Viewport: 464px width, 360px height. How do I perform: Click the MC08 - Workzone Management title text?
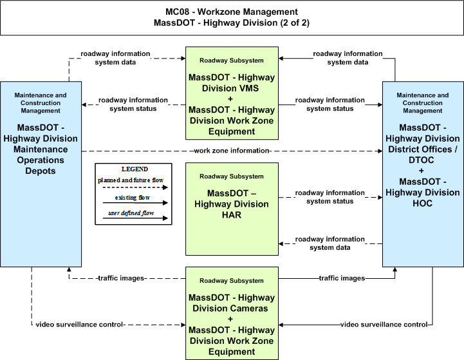click(x=232, y=12)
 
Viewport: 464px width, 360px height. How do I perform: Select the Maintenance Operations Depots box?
click(x=41, y=174)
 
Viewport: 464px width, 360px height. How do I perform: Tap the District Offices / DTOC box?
click(x=423, y=174)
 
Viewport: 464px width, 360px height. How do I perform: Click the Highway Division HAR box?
click(x=232, y=209)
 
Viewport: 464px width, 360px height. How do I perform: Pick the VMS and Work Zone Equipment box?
click(x=232, y=93)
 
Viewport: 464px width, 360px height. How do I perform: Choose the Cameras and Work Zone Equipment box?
click(x=232, y=313)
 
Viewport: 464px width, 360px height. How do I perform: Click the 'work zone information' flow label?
click(x=232, y=151)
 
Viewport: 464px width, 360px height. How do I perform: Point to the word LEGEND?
click(x=135, y=169)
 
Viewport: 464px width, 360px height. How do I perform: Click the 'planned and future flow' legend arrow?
click(x=135, y=187)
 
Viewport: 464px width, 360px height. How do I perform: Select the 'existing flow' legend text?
click(x=133, y=198)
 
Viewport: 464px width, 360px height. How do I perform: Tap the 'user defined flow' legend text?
click(x=131, y=213)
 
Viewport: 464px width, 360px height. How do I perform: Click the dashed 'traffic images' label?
click(x=121, y=278)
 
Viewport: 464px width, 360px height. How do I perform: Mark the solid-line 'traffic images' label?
click(x=342, y=278)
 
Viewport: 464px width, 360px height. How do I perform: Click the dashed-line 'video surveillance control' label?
click(x=79, y=325)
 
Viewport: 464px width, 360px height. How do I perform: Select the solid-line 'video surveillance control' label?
click(x=384, y=325)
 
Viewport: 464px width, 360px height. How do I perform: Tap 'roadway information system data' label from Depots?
click(x=115, y=58)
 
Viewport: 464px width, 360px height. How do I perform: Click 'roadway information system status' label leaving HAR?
click(x=330, y=197)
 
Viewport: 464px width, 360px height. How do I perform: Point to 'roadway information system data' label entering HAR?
click(x=330, y=243)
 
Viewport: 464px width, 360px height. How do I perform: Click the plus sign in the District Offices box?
click(x=421, y=171)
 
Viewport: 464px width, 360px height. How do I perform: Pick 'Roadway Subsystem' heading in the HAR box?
click(x=232, y=176)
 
